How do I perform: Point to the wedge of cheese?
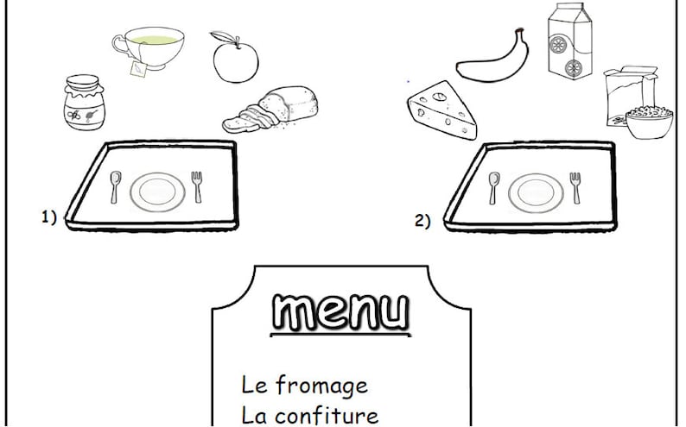(442, 110)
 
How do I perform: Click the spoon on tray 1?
(117, 185)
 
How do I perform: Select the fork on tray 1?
(198, 185)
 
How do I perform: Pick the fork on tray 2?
(575, 188)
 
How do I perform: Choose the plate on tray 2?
(534, 192)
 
